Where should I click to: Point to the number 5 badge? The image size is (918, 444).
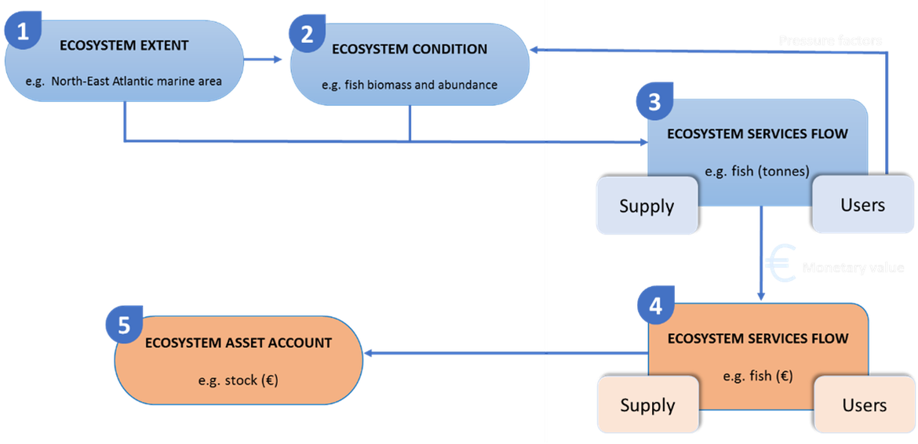pos(124,324)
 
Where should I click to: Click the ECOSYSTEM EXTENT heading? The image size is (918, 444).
pos(124,45)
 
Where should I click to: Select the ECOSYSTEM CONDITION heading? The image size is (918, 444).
pos(410,49)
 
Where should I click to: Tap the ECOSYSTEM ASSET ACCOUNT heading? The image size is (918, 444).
pos(238,343)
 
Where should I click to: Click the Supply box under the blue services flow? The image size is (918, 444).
pos(647,206)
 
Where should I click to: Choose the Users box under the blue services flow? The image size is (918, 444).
pos(862,205)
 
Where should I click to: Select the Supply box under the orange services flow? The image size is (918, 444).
pos(647,405)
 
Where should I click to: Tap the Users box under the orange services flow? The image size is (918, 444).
pos(864,405)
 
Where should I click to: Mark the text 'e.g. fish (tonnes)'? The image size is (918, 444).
pos(757,170)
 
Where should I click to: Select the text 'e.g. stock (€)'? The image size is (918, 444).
pos(238,380)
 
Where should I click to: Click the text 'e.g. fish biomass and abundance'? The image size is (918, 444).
pos(410,84)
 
